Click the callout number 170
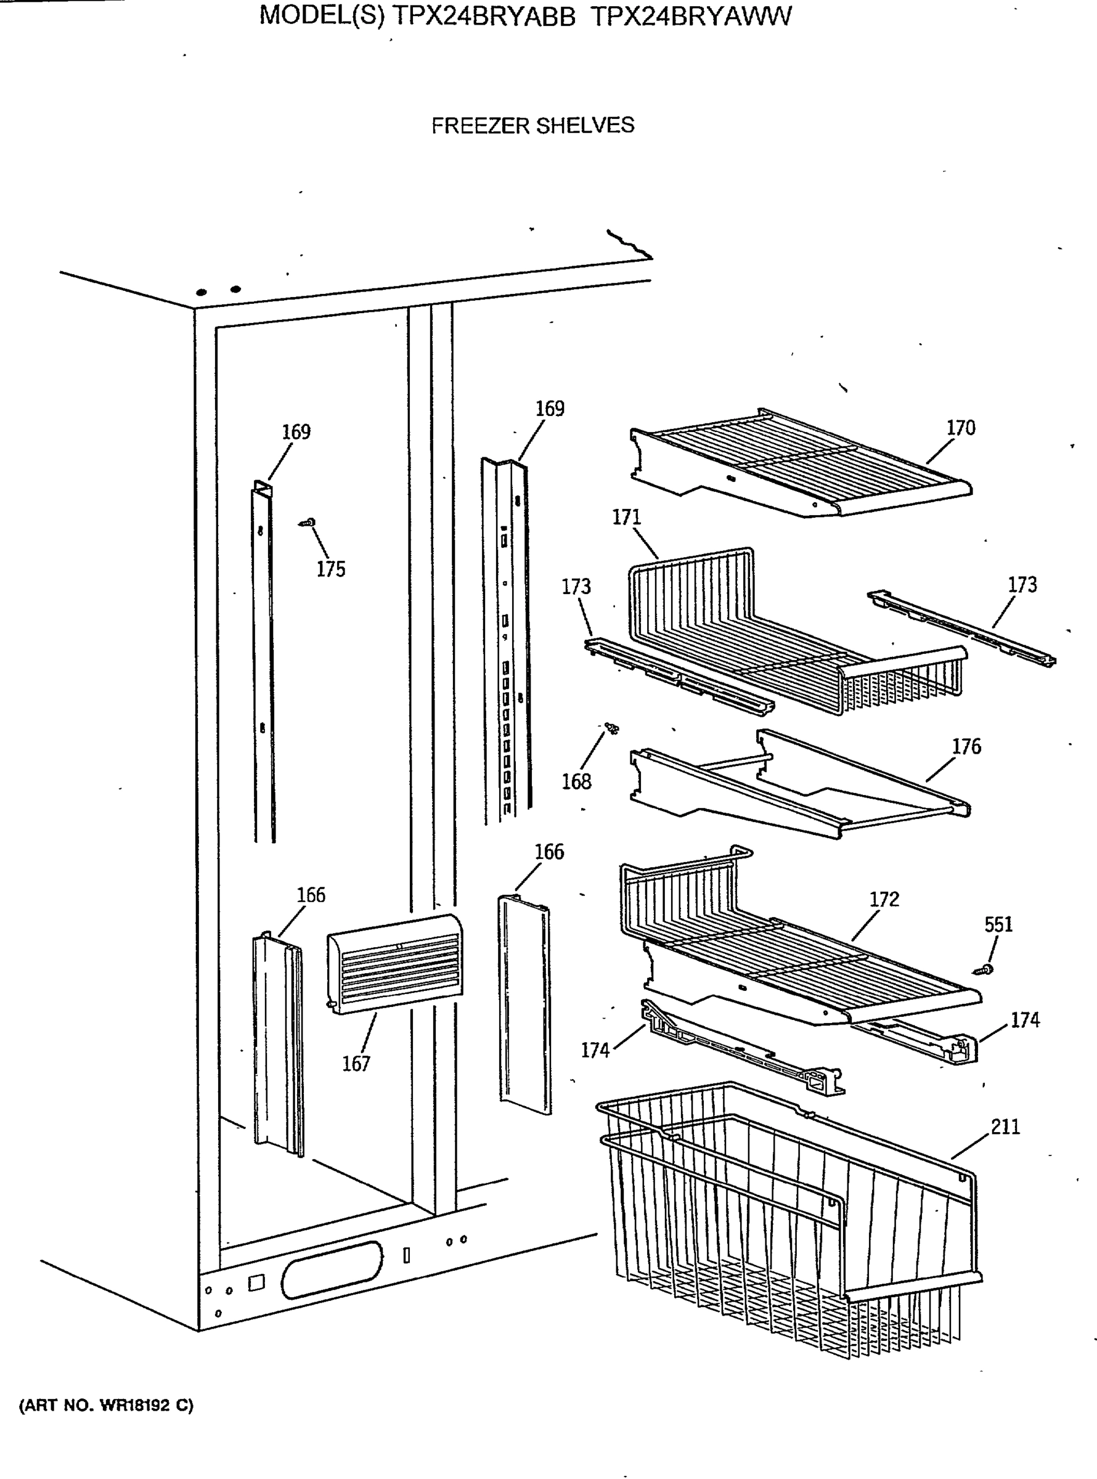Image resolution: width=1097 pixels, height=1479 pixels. tap(960, 428)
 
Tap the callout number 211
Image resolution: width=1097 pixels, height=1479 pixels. tap(1005, 1127)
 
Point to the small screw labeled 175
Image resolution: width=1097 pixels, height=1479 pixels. tap(308, 523)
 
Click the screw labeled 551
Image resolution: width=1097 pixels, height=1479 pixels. tap(984, 971)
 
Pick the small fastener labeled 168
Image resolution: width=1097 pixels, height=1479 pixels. tap(611, 729)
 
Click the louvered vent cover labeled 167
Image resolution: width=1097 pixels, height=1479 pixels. tap(395, 963)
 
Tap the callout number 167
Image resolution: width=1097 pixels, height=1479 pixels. tap(356, 1064)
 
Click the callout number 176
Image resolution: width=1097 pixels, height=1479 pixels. tap(966, 747)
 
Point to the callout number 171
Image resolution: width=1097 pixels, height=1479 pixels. tap(626, 517)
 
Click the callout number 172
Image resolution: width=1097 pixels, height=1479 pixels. tap(884, 899)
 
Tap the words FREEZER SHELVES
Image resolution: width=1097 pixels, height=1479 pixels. tap(532, 126)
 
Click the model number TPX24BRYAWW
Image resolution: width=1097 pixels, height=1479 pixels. tap(691, 16)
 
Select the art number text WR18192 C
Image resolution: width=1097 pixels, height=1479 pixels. tap(146, 1405)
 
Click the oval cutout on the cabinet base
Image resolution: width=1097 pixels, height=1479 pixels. tap(332, 1269)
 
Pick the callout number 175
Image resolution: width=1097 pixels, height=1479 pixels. tap(331, 569)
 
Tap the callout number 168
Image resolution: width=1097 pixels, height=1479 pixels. tap(576, 781)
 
